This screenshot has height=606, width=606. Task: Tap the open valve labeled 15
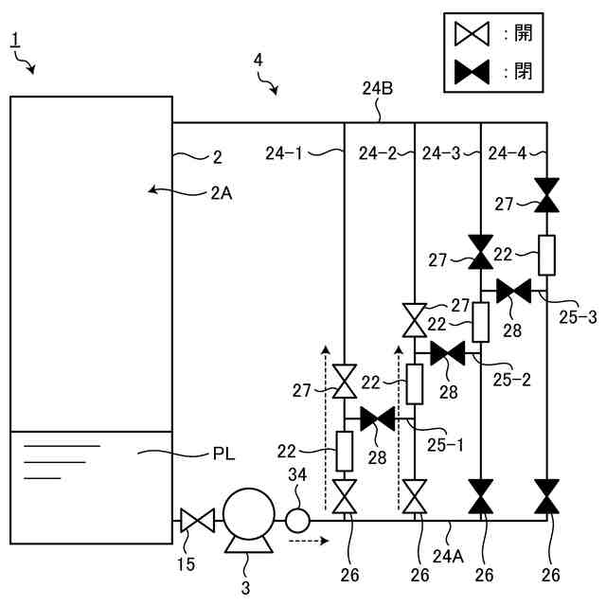tap(198, 521)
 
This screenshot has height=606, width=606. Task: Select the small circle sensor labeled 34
tap(297, 521)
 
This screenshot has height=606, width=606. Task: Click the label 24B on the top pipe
tap(377, 88)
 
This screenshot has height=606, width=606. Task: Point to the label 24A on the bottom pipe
tap(448, 556)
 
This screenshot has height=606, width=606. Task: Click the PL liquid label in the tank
tap(223, 454)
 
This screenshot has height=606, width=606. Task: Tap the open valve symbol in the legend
tap(472, 34)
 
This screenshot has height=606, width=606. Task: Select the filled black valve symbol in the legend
tap(472, 72)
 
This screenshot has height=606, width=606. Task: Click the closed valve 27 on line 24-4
tap(546, 195)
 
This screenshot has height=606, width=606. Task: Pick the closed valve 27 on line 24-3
tap(481, 252)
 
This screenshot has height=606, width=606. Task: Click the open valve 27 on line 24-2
tap(415, 320)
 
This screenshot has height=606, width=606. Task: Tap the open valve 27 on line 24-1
tap(345, 381)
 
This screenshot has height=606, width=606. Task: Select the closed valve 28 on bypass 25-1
tap(378, 419)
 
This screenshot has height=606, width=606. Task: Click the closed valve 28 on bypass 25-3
tap(513, 291)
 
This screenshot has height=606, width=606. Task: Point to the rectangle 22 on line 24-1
tap(344, 451)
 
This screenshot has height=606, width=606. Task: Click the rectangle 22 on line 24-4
tap(546, 255)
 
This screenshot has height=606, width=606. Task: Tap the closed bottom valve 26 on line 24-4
tap(546, 496)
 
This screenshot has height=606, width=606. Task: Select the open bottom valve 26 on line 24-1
tap(345, 496)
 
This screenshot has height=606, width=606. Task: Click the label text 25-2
tap(511, 380)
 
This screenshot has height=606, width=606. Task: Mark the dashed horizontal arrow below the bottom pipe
tap(309, 541)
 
